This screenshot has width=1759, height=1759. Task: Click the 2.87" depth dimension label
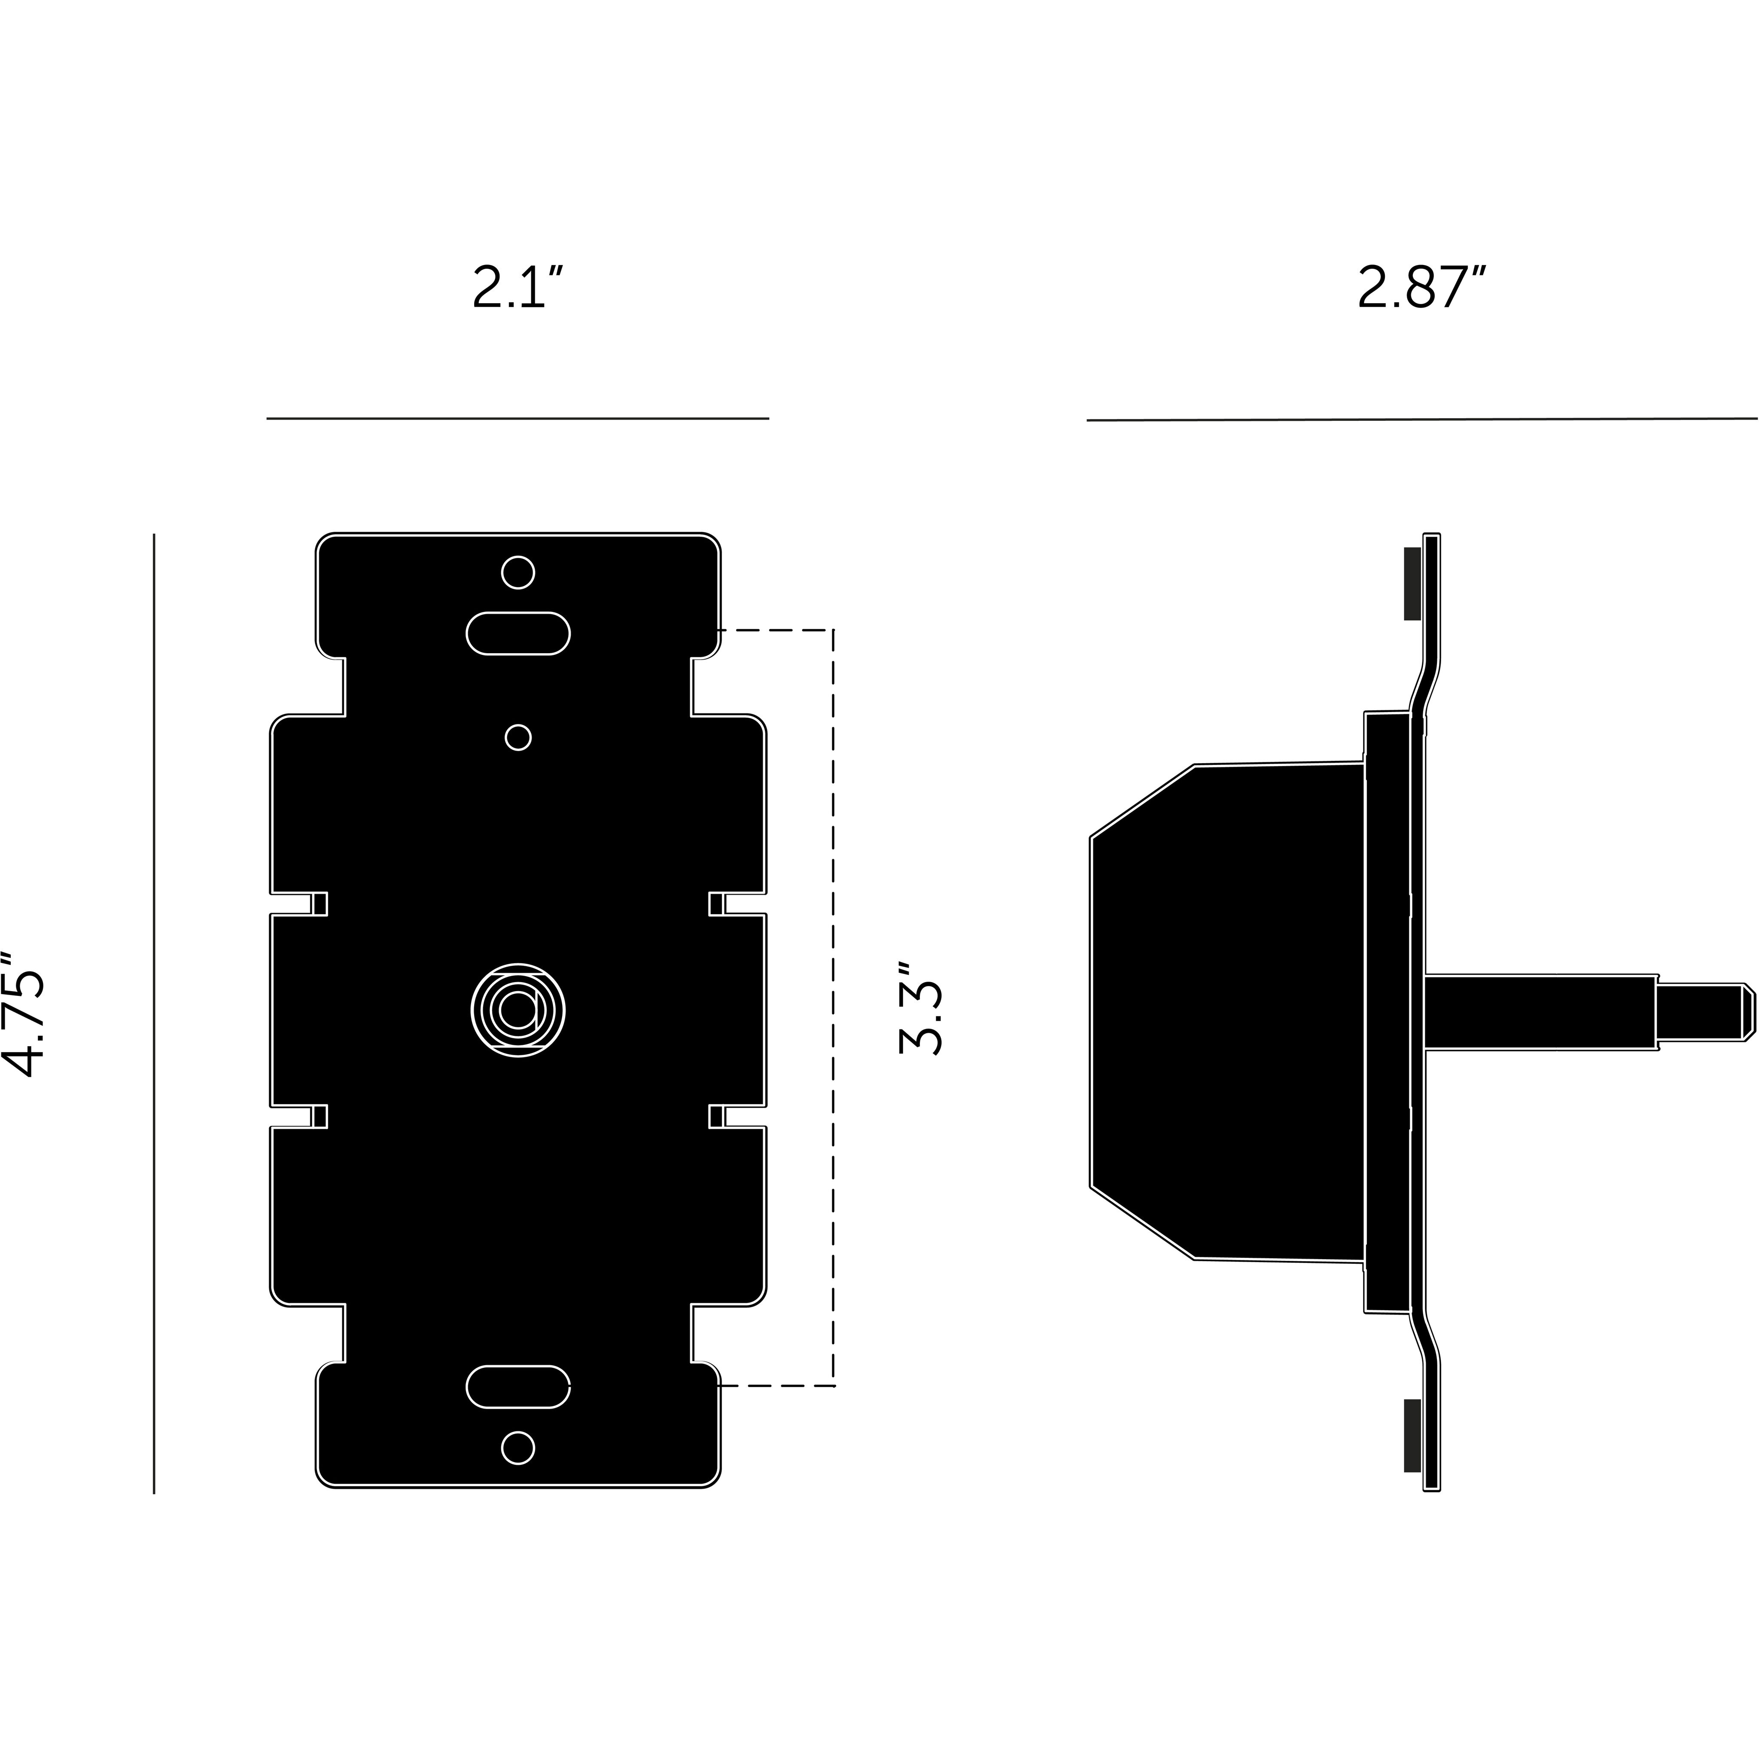coord(1421,288)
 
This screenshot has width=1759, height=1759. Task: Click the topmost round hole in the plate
coord(518,573)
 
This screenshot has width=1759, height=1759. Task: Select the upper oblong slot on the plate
coord(518,633)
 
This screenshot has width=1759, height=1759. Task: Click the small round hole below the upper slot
coord(518,737)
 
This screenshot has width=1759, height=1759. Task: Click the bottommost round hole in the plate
coord(518,1448)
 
